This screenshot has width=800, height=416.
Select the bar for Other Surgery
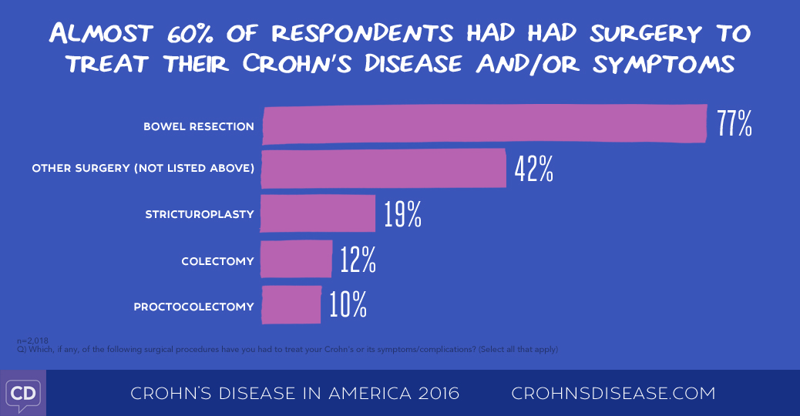(383, 169)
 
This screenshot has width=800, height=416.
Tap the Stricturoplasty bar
(317, 213)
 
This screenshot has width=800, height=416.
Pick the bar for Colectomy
(296, 260)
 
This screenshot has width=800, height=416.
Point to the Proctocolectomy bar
(291, 305)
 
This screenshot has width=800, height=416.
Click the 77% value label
(734, 124)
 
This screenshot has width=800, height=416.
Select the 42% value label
(534, 169)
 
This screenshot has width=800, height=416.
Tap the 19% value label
(402, 215)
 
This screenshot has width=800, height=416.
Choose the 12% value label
(358, 260)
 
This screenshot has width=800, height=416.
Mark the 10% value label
(348, 306)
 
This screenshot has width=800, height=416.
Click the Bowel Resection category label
(198, 126)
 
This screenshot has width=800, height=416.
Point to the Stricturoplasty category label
(200, 214)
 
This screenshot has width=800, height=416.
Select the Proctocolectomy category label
(193, 307)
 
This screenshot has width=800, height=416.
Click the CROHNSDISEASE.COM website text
(613, 394)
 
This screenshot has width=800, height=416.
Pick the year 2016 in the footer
(435, 394)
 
